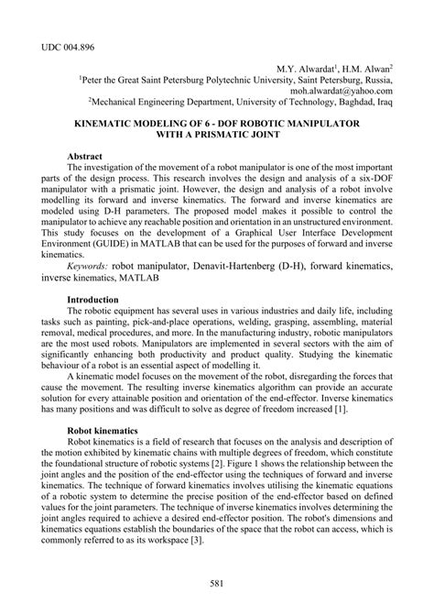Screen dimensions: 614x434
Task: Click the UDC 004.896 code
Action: (66, 44)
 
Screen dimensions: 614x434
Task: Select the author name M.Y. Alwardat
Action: (307, 69)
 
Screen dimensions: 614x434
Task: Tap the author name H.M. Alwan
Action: (366, 69)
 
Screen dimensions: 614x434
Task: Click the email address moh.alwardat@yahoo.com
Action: (342, 93)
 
